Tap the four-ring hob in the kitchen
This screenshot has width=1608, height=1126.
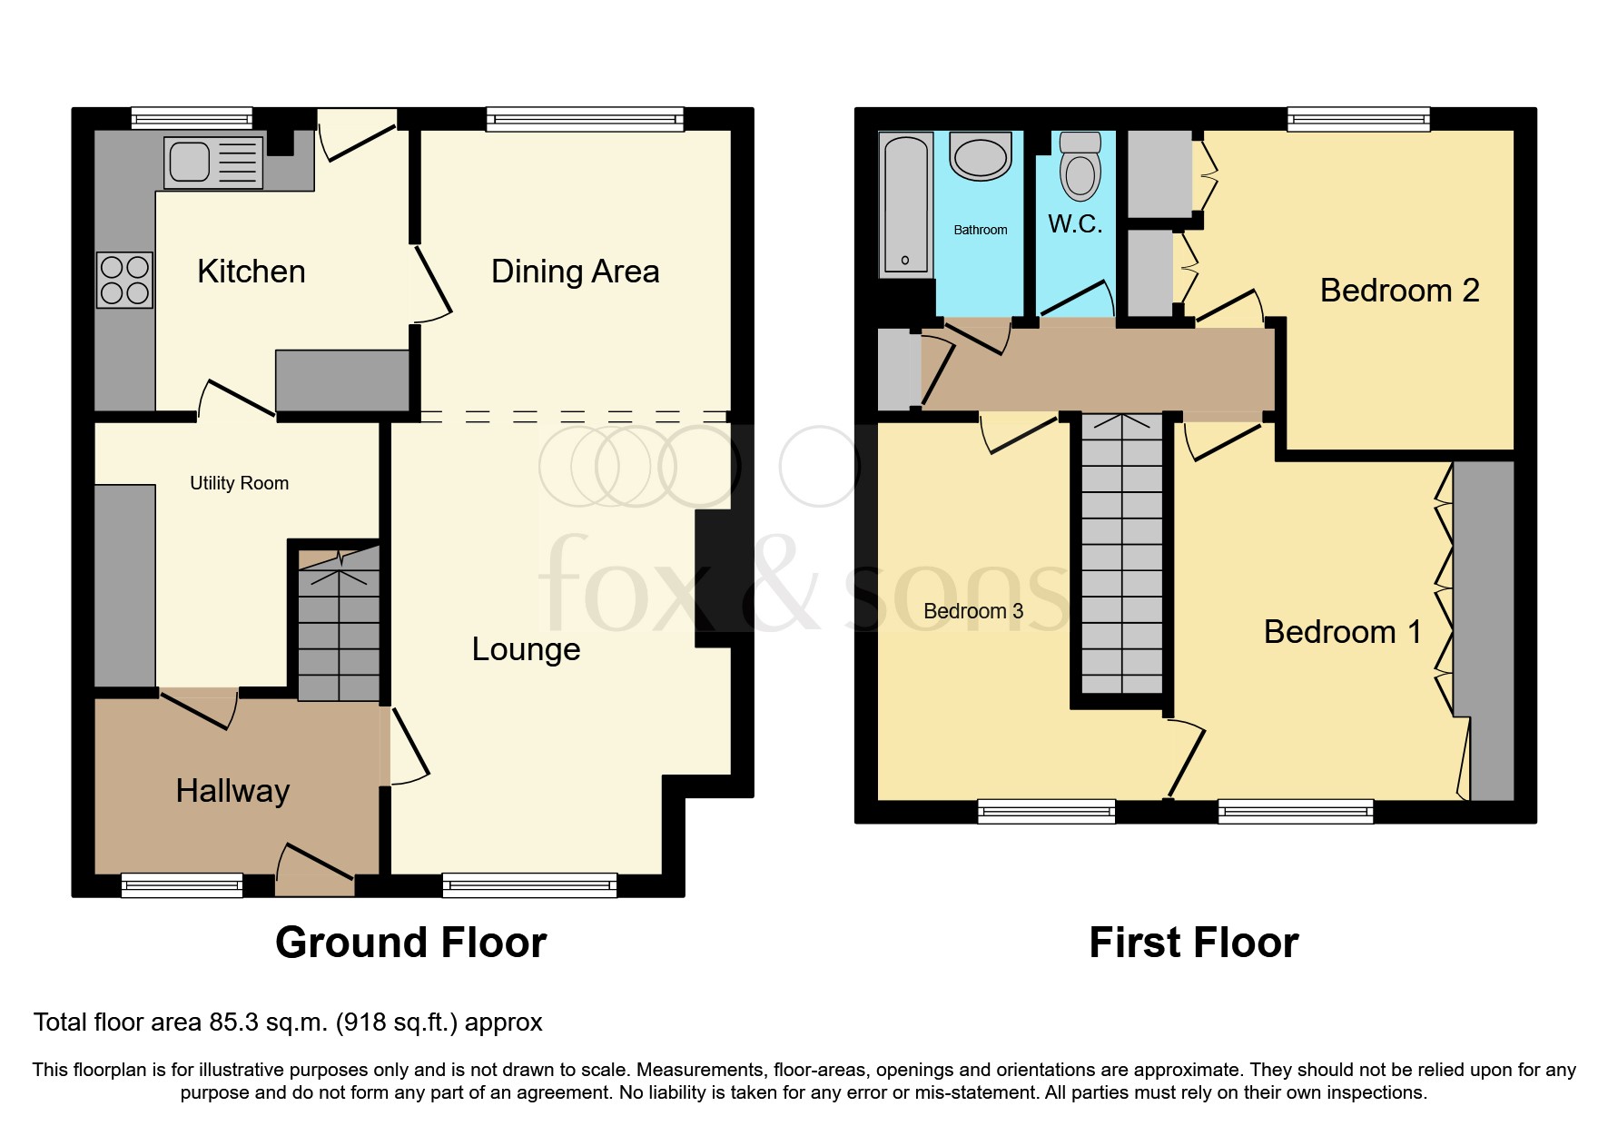point(125,280)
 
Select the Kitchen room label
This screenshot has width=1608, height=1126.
point(251,272)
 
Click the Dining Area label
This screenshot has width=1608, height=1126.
point(575,272)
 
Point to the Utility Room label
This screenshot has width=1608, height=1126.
point(239,483)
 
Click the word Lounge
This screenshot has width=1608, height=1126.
point(526,649)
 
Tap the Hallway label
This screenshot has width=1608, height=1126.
point(232,791)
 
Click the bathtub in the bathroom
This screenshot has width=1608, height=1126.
point(905,204)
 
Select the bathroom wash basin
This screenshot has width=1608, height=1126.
point(980,156)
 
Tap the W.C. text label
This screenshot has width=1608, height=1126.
point(1075,224)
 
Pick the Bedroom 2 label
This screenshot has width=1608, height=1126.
point(1399,291)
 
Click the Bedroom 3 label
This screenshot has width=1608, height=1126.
point(972,611)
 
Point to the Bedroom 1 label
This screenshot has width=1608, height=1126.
point(1342,632)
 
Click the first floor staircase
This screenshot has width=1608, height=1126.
point(1122,554)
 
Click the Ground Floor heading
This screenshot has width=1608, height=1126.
point(410,943)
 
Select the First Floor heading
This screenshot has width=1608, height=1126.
point(1193,943)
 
